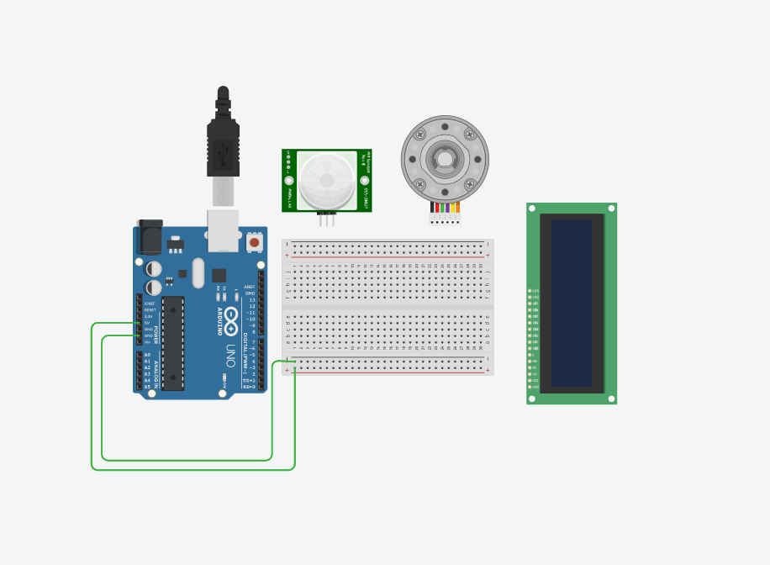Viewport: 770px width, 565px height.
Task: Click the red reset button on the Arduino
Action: point(254,242)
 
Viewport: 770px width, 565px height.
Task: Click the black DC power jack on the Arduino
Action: point(150,237)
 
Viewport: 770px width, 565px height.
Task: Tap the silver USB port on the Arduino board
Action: point(223,231)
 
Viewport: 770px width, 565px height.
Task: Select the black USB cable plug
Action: point(223,147)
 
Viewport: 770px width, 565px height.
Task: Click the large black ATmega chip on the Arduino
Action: point(173,342)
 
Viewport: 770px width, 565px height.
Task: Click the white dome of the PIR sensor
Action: point(327,180)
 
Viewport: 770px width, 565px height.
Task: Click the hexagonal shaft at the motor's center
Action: point(445,158)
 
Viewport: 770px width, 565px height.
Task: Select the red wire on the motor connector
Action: point(437,208)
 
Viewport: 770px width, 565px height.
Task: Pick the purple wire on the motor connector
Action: point(447,208)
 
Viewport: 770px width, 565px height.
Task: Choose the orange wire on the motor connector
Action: point(457,208)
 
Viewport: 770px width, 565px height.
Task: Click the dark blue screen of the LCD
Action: point(572,303)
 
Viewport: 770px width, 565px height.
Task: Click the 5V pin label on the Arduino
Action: point(147,322)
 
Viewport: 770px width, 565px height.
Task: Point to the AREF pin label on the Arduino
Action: point(250,287)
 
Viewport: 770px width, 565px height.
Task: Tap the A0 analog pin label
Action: point(147,355)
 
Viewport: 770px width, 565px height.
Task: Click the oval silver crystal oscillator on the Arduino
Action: point(198,272)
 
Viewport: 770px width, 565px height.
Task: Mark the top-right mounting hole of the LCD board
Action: point(611,209)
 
